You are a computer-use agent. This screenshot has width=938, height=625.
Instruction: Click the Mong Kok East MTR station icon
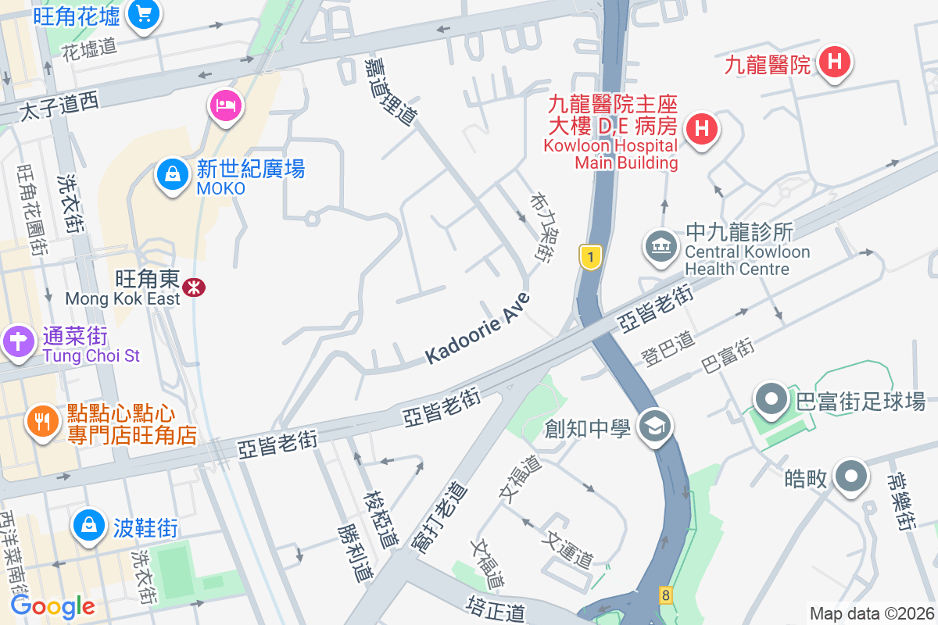click(x=193, y=287)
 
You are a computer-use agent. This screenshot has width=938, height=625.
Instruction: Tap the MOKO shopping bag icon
click(x=170, y=174)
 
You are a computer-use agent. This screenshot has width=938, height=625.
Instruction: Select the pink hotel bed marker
click(x=225, y=105)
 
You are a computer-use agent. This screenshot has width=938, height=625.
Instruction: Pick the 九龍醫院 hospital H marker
click(x=834, y=62)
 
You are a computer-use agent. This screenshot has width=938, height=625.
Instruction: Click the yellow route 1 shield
click(x=591, y=256)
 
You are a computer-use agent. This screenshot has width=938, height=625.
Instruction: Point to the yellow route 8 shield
click(x=665, y=595)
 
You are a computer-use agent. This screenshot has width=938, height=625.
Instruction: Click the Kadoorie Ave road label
click(x=478, y=328)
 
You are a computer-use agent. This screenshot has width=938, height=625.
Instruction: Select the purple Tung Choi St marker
click(x=16, y=341)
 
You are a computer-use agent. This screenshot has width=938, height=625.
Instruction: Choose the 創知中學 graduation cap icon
click(x=653, y=427)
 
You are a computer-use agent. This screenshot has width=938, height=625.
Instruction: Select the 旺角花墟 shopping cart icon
click(x=143, y=13)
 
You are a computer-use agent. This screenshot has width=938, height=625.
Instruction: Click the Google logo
click(x=52, y=606)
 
